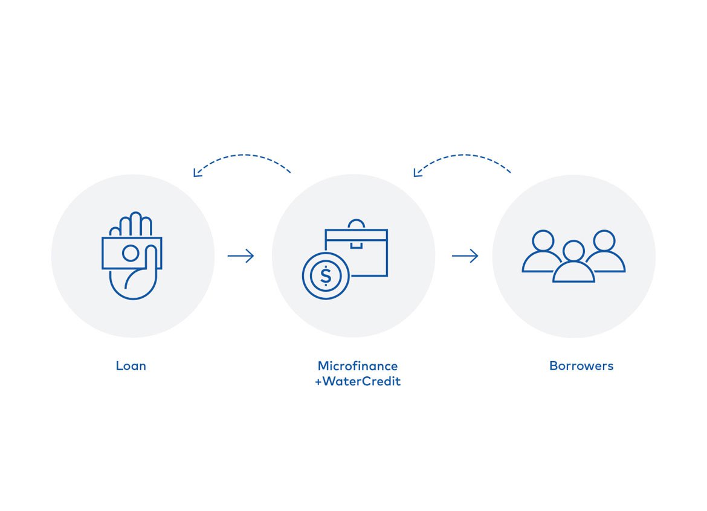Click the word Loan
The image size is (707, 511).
pyautogui.click(x=131, y=365)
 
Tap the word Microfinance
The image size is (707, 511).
pyautogui.click(x=358, y=365)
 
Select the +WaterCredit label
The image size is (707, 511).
pyautogui.click(x=358, y=381)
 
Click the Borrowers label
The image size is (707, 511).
pyautogui.click(x=581, y=365)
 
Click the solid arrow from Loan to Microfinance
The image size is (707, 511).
pyautogui.click(x=241, y=256)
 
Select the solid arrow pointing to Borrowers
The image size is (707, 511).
pyautogui.click(x=465, y=256)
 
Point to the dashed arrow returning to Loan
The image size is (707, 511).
pyautogui.click(x=242, y=155)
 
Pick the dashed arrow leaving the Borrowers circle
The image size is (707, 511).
pyautogui.click(x=463, y=155)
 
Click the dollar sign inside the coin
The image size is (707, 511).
pyautogui.click(x=326, y=276)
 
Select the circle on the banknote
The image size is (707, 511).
pyautogui.click(x=131, y=253)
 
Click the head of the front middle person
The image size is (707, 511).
pyautogui.click(x=573, y=251)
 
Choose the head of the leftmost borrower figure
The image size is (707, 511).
pyautogui.click(x=543, y=240)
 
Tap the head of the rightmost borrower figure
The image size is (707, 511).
pyautogui.click(x=604, y=240)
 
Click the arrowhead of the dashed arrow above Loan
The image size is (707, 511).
pyautogui.click(x=196, y=173)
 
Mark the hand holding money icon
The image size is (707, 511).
pyautogui.click(x=132, y=256)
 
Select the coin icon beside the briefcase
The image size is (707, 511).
pyautogui.click(x=326, y=276)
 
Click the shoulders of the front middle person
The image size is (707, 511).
pyautogui.click(x=573, y=272)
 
